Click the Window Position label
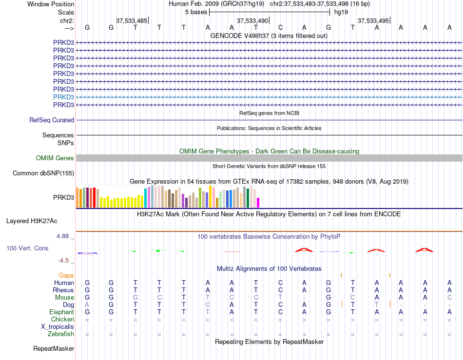pyautogui.click(x=51, y=4)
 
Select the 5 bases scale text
pyautogui.click(x=196, y=12)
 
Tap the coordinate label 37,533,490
pyautogui.click(x=252, y=20)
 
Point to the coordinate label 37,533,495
pyautogui.click(x=373, y=20)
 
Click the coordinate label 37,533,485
pyautogui.click(x=132, y=20)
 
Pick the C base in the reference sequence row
pyautogui.click(x=280, y=27)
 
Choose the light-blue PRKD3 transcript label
pyautogui.click(x=63, y=97)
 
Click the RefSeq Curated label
pyautogui.click(x=52, y=120)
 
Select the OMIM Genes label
pyautogui.click(x=55, y=158)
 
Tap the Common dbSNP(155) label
pyautogui.click(x=43, y=173)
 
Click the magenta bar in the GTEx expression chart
pyautogui.click(x=258, y=203)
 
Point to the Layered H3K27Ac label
pyautogui.click(x=32, y=221)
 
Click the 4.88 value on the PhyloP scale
pyautogui.click(x=62, y=236)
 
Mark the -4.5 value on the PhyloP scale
pyautogui.click(x=63, y=260)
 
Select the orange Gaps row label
pyautogui.click(x=66, y=275)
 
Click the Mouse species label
pyautogui.click(x=64, y=298)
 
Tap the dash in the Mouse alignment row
pyautogui.click(x=305, y=298)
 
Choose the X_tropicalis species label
pyautogui.click(x=58, y=327)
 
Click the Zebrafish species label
pyautogui.click(x=61, y=334)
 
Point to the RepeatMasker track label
pyautogui.click(x=54, y=348)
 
